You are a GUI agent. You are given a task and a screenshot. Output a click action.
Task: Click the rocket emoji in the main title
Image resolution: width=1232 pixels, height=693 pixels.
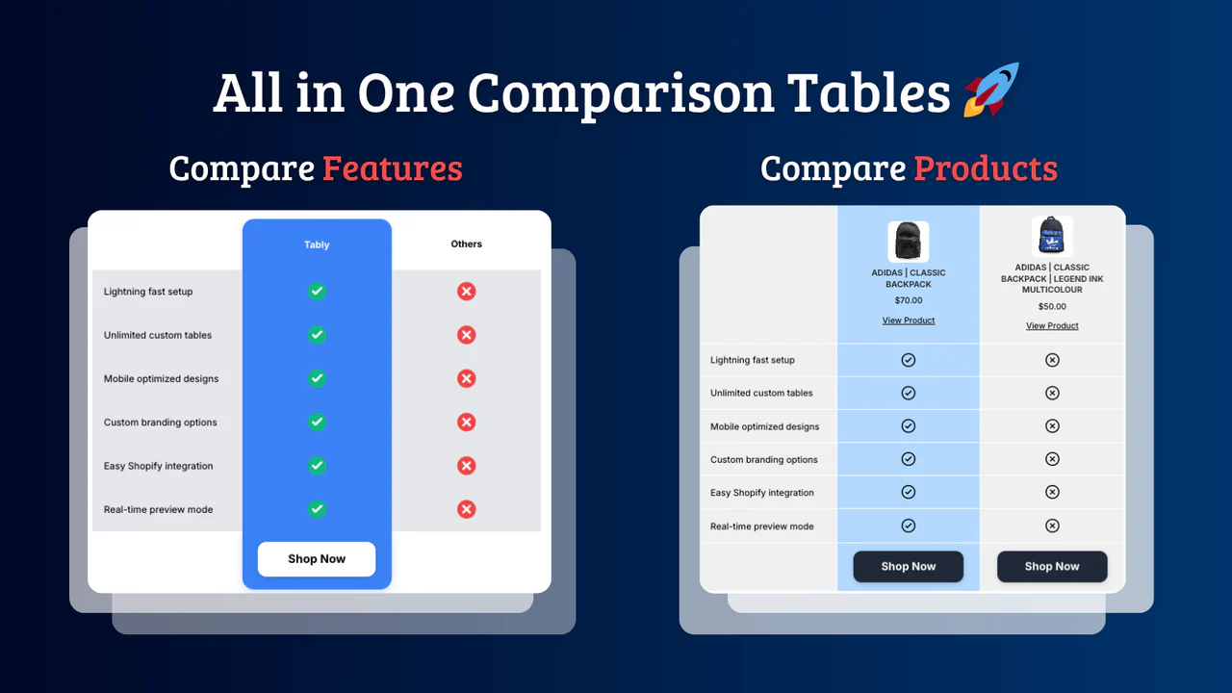coord(990,90)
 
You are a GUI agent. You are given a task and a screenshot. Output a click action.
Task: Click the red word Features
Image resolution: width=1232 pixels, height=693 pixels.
coord(392,168)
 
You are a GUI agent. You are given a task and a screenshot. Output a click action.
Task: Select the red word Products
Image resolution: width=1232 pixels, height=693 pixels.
coord(985,168)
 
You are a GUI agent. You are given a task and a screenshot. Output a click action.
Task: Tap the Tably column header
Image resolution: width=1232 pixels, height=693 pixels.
coord(317,244)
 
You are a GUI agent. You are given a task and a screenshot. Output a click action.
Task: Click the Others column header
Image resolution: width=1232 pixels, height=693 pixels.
coord(466,244)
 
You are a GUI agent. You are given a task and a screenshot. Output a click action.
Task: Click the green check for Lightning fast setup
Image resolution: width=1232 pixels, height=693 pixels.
coord(317,292)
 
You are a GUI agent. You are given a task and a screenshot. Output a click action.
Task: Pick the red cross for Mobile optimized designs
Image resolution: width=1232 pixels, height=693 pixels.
coord(466,378)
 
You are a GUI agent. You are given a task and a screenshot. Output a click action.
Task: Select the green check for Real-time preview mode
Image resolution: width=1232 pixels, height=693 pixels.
coord(317,509)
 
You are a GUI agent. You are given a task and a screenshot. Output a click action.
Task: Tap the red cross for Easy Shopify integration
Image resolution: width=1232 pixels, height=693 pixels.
coord(466,466)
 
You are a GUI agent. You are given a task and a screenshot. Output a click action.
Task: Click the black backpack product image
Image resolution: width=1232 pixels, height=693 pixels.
coord(908,242)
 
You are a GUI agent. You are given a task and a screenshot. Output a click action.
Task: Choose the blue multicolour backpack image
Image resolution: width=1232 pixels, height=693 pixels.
coord(1051,237)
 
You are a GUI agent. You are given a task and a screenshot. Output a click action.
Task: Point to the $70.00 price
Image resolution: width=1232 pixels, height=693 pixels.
coord(908,300)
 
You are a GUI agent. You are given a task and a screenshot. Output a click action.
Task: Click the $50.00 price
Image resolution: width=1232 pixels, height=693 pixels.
coord(1052,306)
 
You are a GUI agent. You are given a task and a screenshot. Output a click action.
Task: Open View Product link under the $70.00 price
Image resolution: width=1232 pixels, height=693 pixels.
coord(908,321)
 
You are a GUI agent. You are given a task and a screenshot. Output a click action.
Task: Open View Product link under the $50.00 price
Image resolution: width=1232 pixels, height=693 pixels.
coord(1052,326)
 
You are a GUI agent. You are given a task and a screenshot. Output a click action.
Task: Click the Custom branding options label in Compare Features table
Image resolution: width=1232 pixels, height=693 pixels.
coord(160,423)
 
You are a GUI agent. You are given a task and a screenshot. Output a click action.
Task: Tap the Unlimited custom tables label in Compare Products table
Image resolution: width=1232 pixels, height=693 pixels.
coord(761,393)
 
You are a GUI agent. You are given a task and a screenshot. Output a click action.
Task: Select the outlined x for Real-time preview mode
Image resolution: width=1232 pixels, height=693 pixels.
coord(1052,526)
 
